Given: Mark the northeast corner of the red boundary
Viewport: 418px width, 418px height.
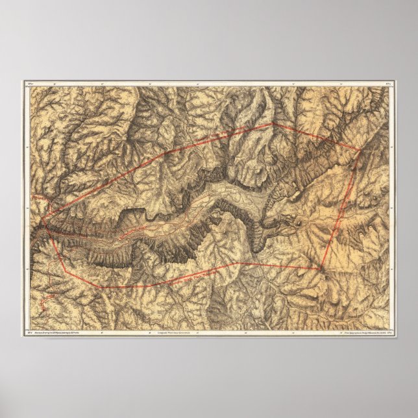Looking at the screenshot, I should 360,149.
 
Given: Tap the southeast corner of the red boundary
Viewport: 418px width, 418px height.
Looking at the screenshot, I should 323,267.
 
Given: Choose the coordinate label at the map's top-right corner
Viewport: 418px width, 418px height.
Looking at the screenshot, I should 388,83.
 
